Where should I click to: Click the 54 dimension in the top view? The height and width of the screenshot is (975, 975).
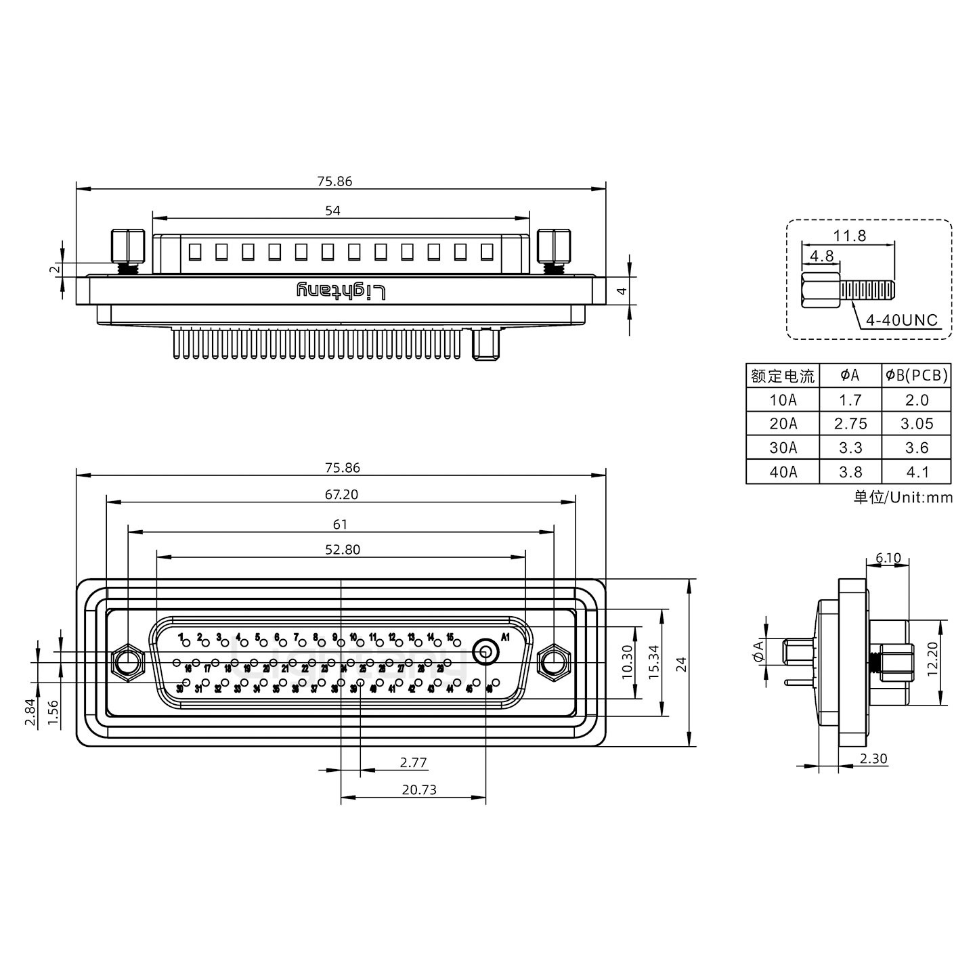332,211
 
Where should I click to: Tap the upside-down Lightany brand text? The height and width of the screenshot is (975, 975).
342,291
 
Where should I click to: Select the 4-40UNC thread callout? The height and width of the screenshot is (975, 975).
902,320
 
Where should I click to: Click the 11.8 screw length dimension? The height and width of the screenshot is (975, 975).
849,236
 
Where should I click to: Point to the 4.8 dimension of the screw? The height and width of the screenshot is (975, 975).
821,256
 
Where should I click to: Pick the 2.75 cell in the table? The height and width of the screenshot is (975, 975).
850,424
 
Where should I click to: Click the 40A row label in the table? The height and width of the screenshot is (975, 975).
783,472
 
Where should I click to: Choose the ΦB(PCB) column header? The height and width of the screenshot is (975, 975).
916,375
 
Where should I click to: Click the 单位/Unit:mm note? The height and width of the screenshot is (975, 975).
903,498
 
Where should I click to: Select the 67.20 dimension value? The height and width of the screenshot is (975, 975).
341,495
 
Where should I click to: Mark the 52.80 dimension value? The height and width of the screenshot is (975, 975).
343,550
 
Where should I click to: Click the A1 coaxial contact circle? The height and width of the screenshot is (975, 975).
485,653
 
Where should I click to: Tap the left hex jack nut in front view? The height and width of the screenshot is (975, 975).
127,662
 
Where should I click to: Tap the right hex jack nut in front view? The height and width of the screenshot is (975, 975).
554,662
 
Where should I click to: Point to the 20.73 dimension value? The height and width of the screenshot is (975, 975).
419,789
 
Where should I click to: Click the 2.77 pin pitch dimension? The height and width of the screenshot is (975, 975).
413,762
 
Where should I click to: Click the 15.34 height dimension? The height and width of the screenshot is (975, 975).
653,662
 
